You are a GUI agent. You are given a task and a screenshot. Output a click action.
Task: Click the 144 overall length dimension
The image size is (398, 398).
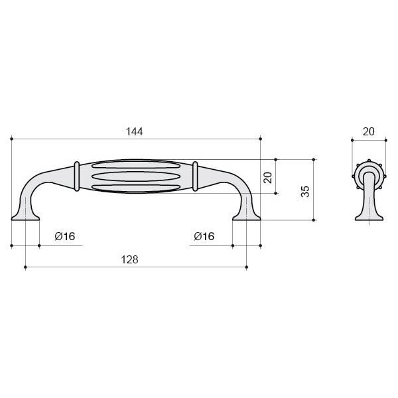click(x=134, y=132)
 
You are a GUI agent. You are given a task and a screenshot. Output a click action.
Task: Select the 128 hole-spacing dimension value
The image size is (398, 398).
click(x=129, y=260)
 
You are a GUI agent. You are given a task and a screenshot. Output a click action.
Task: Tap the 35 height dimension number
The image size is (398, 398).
click(x=305, y=192)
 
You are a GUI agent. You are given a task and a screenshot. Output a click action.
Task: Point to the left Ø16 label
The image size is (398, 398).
click(x=65, y=236)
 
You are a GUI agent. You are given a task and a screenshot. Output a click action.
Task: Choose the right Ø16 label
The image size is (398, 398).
click(x=204, y=236)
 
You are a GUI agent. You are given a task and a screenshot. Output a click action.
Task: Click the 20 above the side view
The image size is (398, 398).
click(x=369, y=132)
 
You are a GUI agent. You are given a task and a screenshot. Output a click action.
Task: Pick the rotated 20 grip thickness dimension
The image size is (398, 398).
click(x=268, y=178)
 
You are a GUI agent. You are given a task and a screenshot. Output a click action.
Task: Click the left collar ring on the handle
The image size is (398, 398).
click(x=77, y=176)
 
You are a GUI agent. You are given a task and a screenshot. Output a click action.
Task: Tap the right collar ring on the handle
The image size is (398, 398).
click(x=195, y=176)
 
